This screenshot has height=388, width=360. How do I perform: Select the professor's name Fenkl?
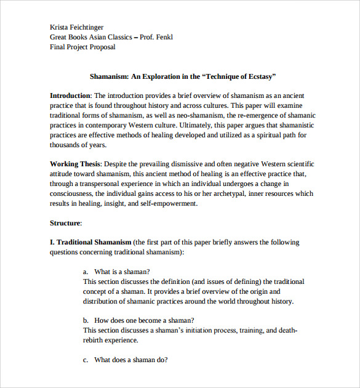pos(162,37)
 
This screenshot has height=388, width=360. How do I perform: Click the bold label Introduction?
pos(70,95)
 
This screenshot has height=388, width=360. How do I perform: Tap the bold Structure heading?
pos(65,223)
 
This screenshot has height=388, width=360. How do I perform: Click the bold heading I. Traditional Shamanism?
pos(90,242)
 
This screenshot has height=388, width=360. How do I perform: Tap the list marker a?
pos(85,272)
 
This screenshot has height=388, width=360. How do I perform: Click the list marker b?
pos(85,320)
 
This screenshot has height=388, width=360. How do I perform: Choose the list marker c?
pos(85,360)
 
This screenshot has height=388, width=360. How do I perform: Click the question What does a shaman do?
pos(130,360)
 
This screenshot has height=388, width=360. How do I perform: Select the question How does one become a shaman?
pos(144,320)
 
